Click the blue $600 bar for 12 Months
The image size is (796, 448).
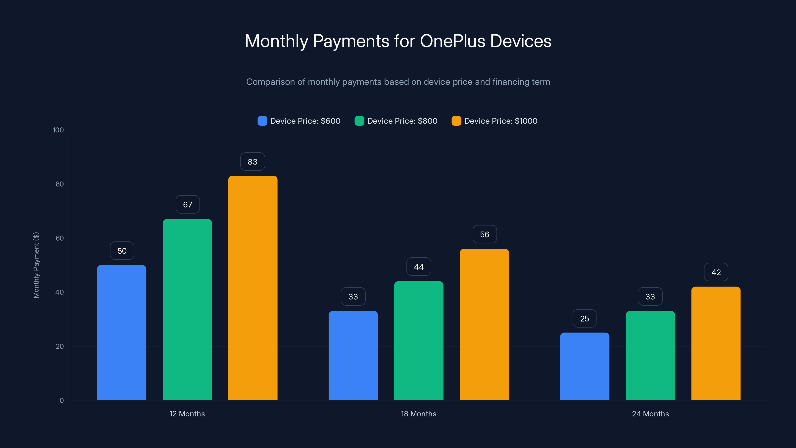pos(121,332)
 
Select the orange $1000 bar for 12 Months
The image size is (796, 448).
pos(253,287)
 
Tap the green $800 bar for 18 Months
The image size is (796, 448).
pos(419,340)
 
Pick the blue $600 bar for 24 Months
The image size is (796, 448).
pos(585,366)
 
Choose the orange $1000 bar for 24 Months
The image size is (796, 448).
pos(716,343)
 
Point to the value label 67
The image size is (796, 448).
pos(188,205)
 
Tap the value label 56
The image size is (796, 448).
pos(485,234)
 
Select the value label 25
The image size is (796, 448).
pos(584,319)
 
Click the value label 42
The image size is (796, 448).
pos(716,272)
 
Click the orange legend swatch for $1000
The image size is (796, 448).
pos(456,121)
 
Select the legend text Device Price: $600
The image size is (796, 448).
pos(305,121)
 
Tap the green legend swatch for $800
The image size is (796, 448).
pos(359,121)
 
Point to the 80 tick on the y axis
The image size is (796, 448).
pos(60,184)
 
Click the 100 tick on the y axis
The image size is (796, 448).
pos(58,130)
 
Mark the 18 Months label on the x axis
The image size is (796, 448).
pos(418,414)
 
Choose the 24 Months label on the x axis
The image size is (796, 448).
pos(650,414)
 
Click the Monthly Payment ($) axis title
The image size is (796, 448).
pos(36,265)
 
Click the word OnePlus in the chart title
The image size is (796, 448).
pos(452,41)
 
